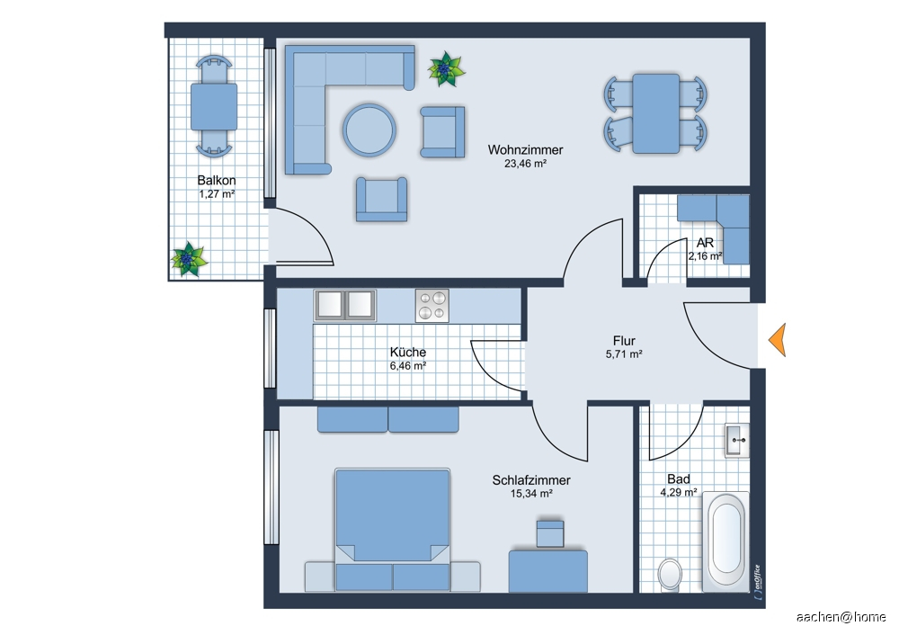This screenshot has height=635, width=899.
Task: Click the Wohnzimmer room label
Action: pos(525,149)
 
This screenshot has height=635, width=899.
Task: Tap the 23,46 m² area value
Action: pos(525,164)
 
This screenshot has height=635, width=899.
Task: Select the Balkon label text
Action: pos(216,180)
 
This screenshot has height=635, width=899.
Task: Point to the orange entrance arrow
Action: pos(778,340)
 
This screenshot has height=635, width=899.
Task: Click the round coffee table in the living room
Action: pos(369,130)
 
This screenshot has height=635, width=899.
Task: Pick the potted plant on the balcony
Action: pos(189,259)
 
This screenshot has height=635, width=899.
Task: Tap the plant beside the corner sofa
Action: pos(446,69)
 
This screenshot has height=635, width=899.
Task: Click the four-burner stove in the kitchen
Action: pos(432,306)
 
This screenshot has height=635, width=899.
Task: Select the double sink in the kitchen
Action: pos(344,305)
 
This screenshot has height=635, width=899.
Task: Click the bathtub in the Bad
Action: pos(726,540)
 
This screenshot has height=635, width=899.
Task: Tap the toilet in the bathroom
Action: pos(670,574)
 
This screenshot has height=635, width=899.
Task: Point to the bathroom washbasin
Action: pos(737,440)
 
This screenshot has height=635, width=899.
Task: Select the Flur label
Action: pos(624,341)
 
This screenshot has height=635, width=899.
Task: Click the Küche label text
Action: pos(407,353)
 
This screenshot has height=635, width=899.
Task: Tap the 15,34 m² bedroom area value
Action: pos(531,494)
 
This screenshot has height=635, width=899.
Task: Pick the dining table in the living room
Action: pos(655,113)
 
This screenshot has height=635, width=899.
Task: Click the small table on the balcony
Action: pos(214,107)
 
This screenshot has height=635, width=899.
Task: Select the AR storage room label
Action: pos(705,243)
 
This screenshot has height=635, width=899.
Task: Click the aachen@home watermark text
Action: pos(841,617)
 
